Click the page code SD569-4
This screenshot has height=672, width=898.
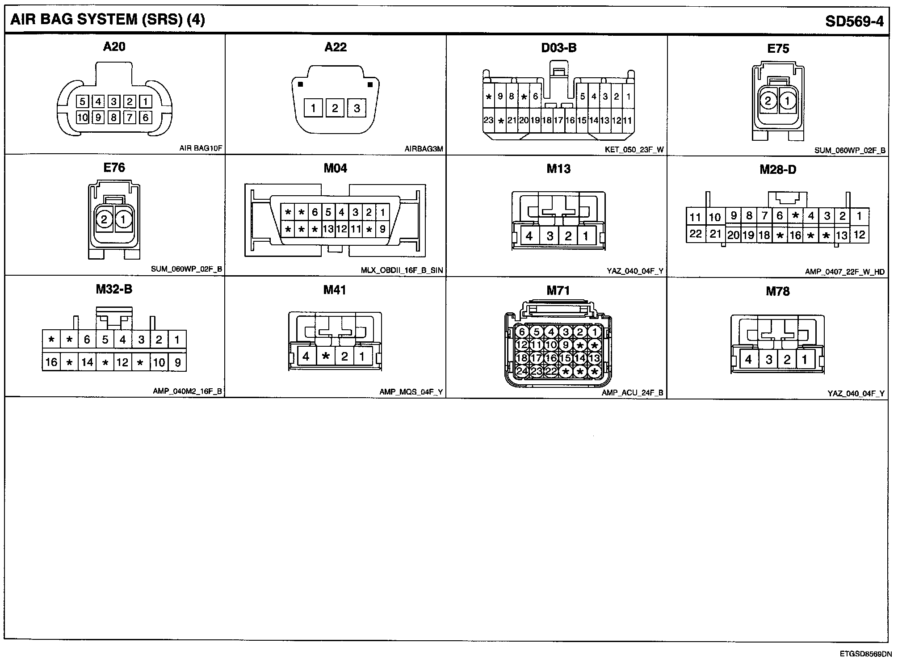[x=854, y=21]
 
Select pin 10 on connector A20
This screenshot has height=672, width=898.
[x=82, y=118]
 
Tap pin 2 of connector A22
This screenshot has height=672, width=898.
[x=335, y=108]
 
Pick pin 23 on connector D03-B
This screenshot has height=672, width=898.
[x=488, y=120]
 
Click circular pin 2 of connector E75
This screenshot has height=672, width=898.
[x=768, y=101]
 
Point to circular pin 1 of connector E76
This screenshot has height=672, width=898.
[x=123, y=219]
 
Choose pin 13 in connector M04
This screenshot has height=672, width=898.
[x=328, y=229]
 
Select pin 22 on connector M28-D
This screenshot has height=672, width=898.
[x=695, y=234]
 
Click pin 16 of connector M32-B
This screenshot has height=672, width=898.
[x=51, y=362]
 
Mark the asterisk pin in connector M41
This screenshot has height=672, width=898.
[x=326, y=356]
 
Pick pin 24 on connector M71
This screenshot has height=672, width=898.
[x=522, y=371]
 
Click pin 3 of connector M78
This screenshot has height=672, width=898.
[x=768, y=359]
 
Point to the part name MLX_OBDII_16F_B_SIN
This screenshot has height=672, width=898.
[x=402, y=270]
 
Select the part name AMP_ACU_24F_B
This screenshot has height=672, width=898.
[x=632, y=393]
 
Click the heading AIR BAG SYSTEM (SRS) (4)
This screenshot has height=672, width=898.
[x=107, y=20]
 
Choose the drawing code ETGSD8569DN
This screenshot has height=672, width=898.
[x=865, y=654]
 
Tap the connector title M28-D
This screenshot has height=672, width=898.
[x=778, y=169]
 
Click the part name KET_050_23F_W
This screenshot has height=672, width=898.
[x=634, y=150]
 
